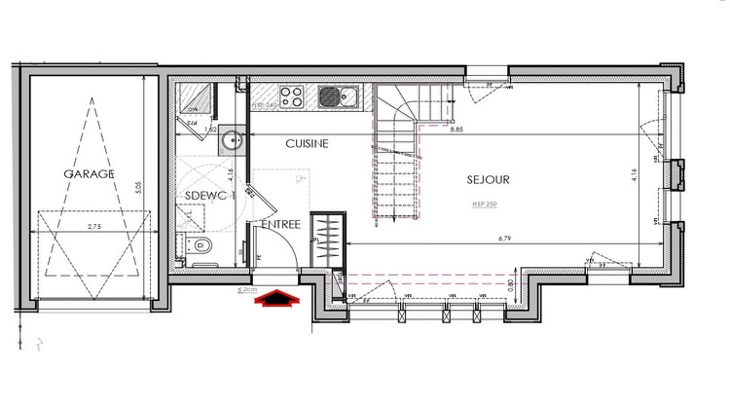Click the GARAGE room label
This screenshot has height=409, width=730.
click(89, 173)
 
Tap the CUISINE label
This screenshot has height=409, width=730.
click(307, 143)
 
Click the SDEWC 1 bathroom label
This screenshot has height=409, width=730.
click(210, 196)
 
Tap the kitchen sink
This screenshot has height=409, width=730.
click(347, 95)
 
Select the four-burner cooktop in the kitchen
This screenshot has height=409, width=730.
click(291, 95)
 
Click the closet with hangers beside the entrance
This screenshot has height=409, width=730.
click(326, 238)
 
